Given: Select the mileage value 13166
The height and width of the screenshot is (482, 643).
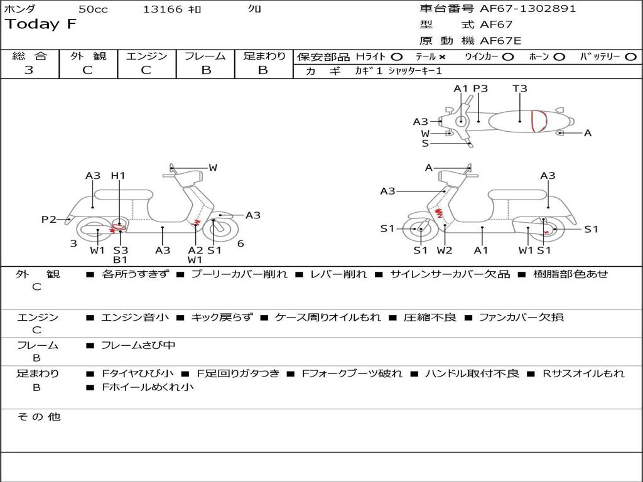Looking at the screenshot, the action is click(x=163, y=9).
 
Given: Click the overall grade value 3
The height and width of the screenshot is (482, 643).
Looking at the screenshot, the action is click(x=29, y=70).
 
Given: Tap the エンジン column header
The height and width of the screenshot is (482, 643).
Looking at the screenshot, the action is click(x=146, y=56).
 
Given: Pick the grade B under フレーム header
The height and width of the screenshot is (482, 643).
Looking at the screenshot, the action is click(x=205, y=70).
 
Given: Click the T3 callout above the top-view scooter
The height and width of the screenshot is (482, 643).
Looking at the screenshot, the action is click(x=520, y=88).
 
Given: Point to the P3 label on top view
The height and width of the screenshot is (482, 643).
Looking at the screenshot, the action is click(x=480, y=88).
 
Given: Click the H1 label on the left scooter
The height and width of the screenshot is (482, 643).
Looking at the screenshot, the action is click(x=118, y=176).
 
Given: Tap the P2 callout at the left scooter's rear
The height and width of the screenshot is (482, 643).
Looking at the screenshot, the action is click(x=49, y=219).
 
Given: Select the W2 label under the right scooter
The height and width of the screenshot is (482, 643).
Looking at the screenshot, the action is click(x=445, y=250).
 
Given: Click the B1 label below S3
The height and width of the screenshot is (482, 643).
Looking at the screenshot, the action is click(x=120, y=260).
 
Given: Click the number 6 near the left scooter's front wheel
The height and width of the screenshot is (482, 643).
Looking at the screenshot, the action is click(x=240, y=244).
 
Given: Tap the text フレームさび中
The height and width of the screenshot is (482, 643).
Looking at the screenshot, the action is click(x=138, y=345).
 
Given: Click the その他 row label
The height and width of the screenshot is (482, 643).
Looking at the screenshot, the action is click(x=38, y=417).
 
